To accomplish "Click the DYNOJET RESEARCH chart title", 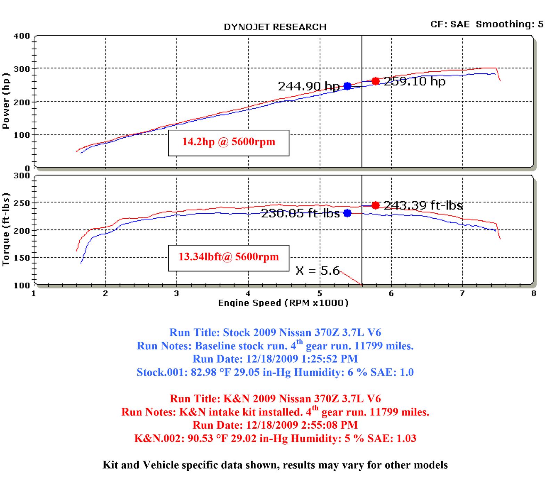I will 275,27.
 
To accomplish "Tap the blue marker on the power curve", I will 347,86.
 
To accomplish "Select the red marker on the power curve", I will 375,81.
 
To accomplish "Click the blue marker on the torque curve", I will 347,213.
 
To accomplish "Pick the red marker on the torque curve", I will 375,205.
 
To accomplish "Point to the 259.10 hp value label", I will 415,81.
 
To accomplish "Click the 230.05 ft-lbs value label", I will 300,213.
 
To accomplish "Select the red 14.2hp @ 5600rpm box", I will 229,143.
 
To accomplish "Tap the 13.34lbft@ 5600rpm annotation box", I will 229,258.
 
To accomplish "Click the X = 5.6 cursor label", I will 317,270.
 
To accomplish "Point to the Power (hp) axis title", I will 6,101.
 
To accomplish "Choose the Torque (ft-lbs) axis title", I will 6,229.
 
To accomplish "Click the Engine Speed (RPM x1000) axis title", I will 283,303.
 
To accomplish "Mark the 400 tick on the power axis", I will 22,36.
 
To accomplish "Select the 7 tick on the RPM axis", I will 462,294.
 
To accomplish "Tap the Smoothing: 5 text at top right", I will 509,24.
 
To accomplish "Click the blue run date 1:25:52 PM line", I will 275,359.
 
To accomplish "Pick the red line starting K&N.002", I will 275,438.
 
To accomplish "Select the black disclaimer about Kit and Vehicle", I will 275,465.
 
